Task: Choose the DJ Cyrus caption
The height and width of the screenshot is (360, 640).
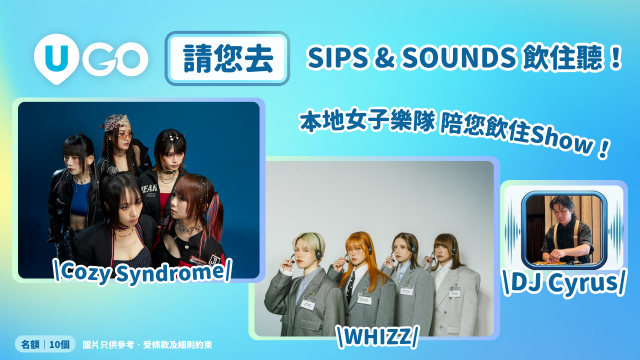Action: [566, 284]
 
